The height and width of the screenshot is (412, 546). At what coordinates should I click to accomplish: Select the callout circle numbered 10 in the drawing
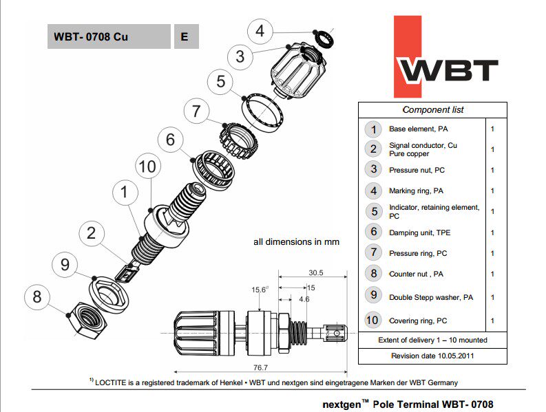[x=147, y=166]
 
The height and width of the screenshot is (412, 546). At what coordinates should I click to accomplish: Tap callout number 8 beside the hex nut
[x=37, y=297]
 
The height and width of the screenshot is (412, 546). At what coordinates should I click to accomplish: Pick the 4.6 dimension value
[x=304, y=299]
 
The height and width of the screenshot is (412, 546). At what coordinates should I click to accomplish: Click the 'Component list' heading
[x=432, y=110]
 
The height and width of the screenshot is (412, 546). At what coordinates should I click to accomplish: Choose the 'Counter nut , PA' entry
[x=416, y=274]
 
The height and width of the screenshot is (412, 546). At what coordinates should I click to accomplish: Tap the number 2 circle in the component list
[x=373, y=149]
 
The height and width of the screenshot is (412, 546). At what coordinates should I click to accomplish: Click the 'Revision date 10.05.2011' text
[x=432, y=356]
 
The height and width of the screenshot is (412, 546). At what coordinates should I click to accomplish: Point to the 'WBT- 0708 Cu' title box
[x=109, y=37]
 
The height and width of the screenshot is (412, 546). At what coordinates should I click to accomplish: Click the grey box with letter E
[x=185, y=37]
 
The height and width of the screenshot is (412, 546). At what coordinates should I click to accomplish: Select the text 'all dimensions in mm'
[x=296, y=242]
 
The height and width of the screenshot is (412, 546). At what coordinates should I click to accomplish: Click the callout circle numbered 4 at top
[x=260, y=31]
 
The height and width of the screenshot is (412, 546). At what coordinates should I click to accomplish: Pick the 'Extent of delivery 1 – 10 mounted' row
[x=432, y=340]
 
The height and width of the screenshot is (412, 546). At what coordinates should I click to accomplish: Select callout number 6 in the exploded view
[x=170, y=139]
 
